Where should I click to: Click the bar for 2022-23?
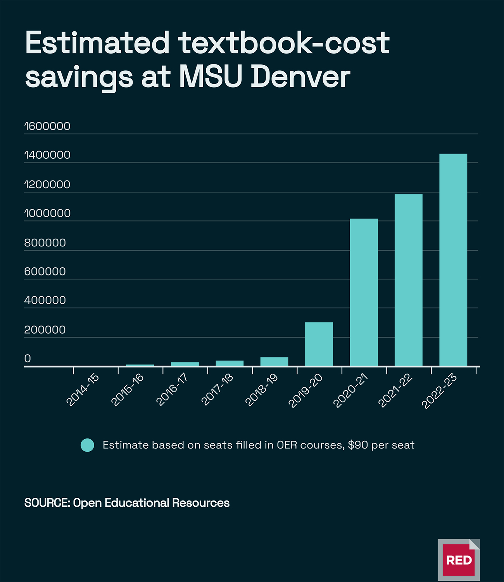tap(453, 260)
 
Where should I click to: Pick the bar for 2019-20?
tap(319, 344)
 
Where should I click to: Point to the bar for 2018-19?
tap(274, 362)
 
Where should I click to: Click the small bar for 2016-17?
tap(185, 364)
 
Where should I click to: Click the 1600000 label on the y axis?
tap(47, 126)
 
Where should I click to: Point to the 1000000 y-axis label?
tap(47, 213)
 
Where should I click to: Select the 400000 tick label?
tap(45, 300)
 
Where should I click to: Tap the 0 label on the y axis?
tap(28, 359)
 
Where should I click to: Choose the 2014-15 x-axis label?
tap(83, 390)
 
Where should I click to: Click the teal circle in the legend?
tap(87, 445)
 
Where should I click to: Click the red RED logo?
tap(459, 560)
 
